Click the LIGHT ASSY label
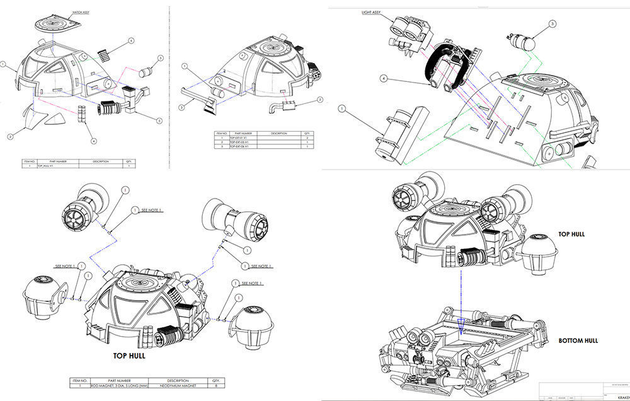click(x=371, y=12)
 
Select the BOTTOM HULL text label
click(x=578, y=341)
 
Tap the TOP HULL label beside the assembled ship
click(x=571, y=234)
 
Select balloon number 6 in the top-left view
click(x=130, y=40)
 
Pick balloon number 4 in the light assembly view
click(x=382, y=78)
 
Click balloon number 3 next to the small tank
click(x=553, y=24)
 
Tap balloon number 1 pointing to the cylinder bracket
click(x=341, y=108)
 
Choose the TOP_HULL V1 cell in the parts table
click(x=49, y=166)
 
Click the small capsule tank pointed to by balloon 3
click(x=521, y=43)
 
